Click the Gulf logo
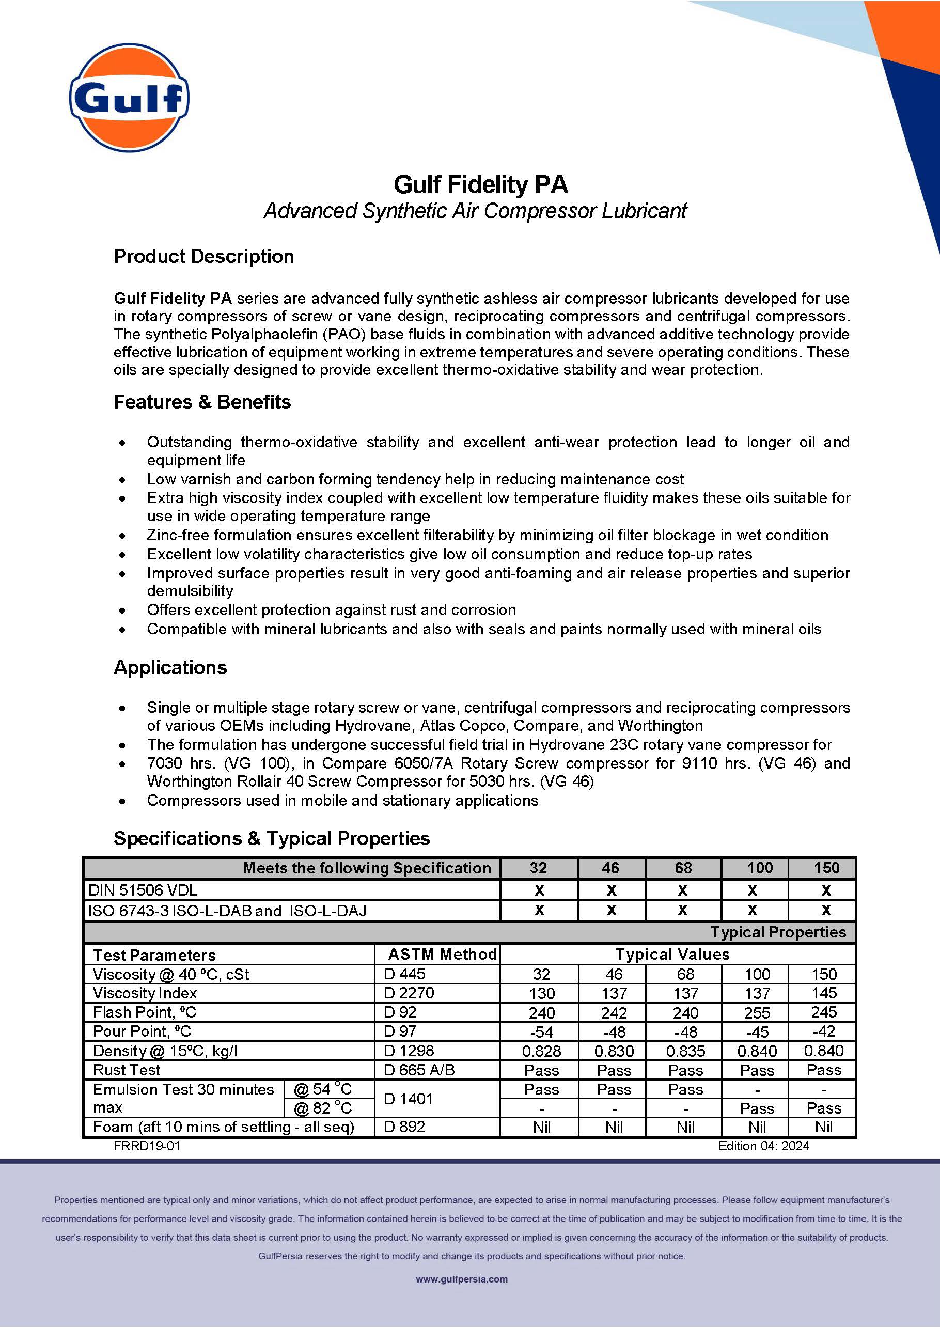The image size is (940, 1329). point(129,97)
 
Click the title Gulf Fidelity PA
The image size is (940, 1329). point(480,184)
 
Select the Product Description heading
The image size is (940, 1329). point(203,256)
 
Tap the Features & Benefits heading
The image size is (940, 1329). point(202,402)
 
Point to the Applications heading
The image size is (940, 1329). point(170,667)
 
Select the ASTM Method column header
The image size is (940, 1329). point(442,954)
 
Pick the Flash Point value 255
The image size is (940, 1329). point(757,1013)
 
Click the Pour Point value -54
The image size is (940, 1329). point(541,1032)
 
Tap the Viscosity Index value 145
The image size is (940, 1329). point(824,993)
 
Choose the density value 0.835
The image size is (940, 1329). point(685,1051)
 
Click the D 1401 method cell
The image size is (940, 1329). point(408,1099)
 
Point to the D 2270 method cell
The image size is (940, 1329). point(409,993)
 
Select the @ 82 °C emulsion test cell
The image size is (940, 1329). point(322,1108)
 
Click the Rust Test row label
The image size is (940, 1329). point(126,1070)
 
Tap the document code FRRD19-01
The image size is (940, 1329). point(147,1146)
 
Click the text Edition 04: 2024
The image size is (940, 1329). point(763,1146)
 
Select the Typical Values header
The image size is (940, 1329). point(672,954)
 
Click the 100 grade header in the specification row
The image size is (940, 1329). point(759,868)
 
